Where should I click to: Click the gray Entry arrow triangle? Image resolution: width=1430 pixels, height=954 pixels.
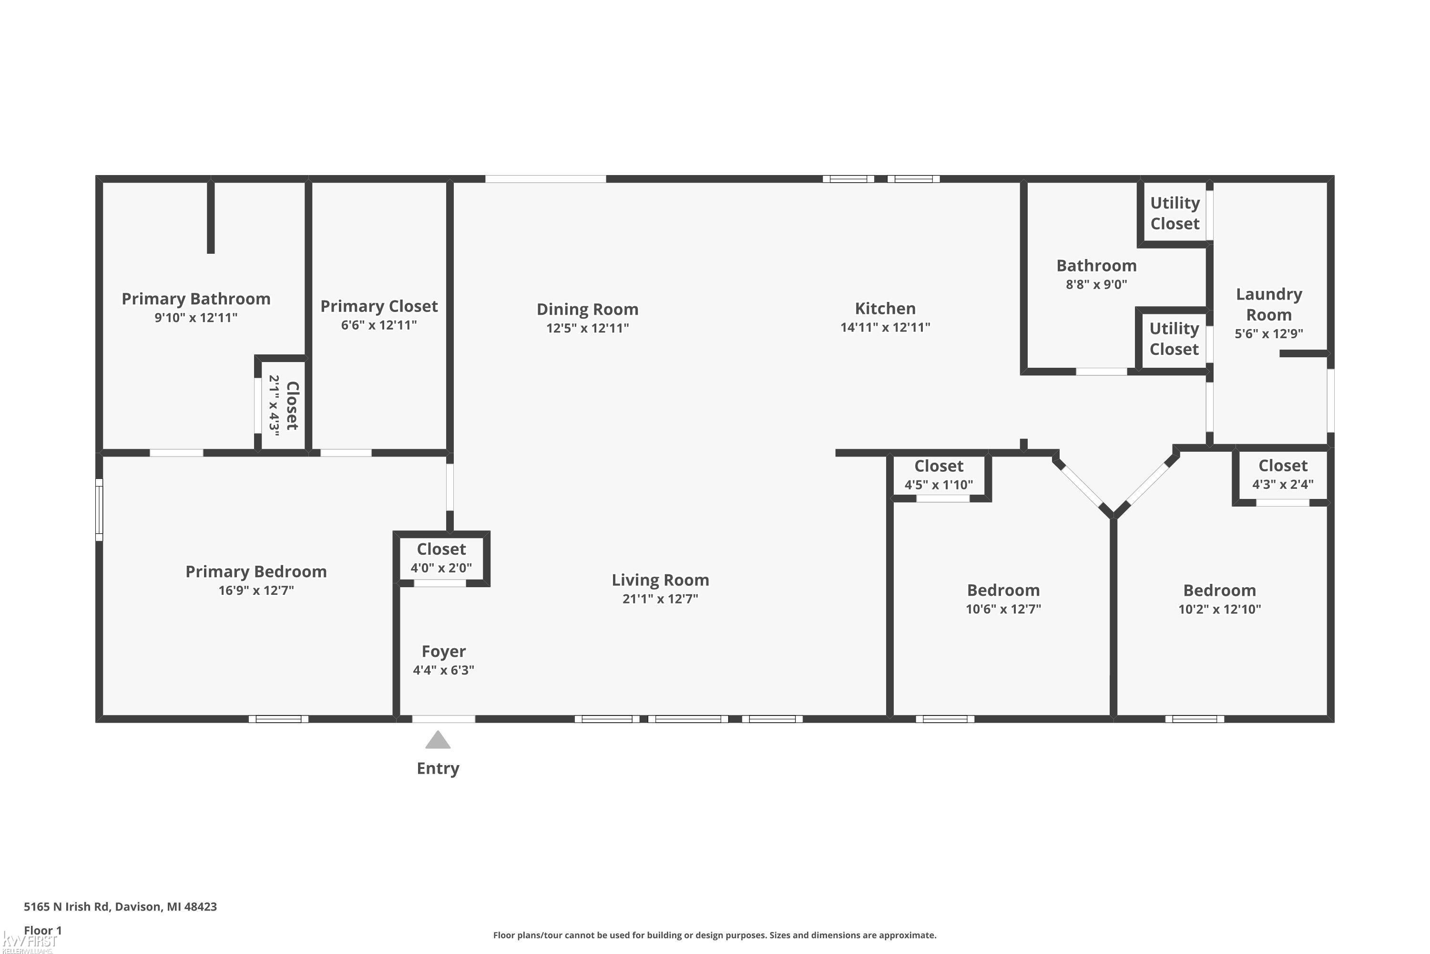coord(438,740)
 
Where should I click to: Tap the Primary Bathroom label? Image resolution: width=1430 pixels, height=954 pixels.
coord(196,299)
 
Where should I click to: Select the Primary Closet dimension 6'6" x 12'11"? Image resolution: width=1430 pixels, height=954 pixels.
coord(379,325)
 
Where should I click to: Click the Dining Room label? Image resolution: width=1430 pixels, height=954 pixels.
coord(587,309)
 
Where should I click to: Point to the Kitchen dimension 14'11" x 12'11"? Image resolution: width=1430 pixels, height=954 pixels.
coord(885,327)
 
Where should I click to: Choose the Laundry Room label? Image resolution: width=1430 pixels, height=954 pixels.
coord(1269,304)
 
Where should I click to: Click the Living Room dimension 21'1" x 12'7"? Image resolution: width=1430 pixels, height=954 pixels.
coord(660,599)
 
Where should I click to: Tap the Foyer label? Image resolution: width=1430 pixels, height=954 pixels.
coord(444,652)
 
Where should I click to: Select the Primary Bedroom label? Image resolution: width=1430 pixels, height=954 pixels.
coord(256,571)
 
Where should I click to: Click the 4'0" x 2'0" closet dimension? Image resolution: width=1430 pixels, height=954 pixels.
coord(441,568)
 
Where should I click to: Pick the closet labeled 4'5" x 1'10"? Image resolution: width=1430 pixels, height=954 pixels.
coord(939,475)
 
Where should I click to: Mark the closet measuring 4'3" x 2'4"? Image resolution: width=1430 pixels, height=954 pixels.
coord(1283,474)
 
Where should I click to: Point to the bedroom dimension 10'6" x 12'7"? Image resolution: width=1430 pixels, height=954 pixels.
coord(1003,609)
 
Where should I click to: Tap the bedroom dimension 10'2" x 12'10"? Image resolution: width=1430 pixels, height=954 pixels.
coord(1220,609)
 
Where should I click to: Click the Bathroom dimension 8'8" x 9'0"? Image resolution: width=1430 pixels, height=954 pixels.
coord(1096,284)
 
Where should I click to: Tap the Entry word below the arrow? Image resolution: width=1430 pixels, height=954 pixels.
coord(438,768)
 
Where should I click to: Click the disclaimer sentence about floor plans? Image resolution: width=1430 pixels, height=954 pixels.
coord(715,935)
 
